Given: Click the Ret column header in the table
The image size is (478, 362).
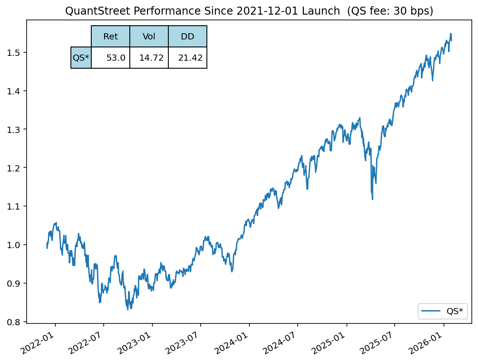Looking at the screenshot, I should click(110, 37).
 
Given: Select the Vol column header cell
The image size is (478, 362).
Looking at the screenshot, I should click(149, 37).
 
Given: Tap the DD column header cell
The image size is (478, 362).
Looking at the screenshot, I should click(187, 37).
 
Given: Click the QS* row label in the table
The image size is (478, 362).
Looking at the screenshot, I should click(81, 58).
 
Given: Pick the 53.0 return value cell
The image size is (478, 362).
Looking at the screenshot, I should click(110, 58).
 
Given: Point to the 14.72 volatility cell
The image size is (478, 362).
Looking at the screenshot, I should click(149, 58).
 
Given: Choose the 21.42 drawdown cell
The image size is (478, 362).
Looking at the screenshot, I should click(187, 58).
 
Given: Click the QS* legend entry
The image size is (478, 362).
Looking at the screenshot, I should click(443, 311).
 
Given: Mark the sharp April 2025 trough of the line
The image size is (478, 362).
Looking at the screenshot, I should click(372, 199).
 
